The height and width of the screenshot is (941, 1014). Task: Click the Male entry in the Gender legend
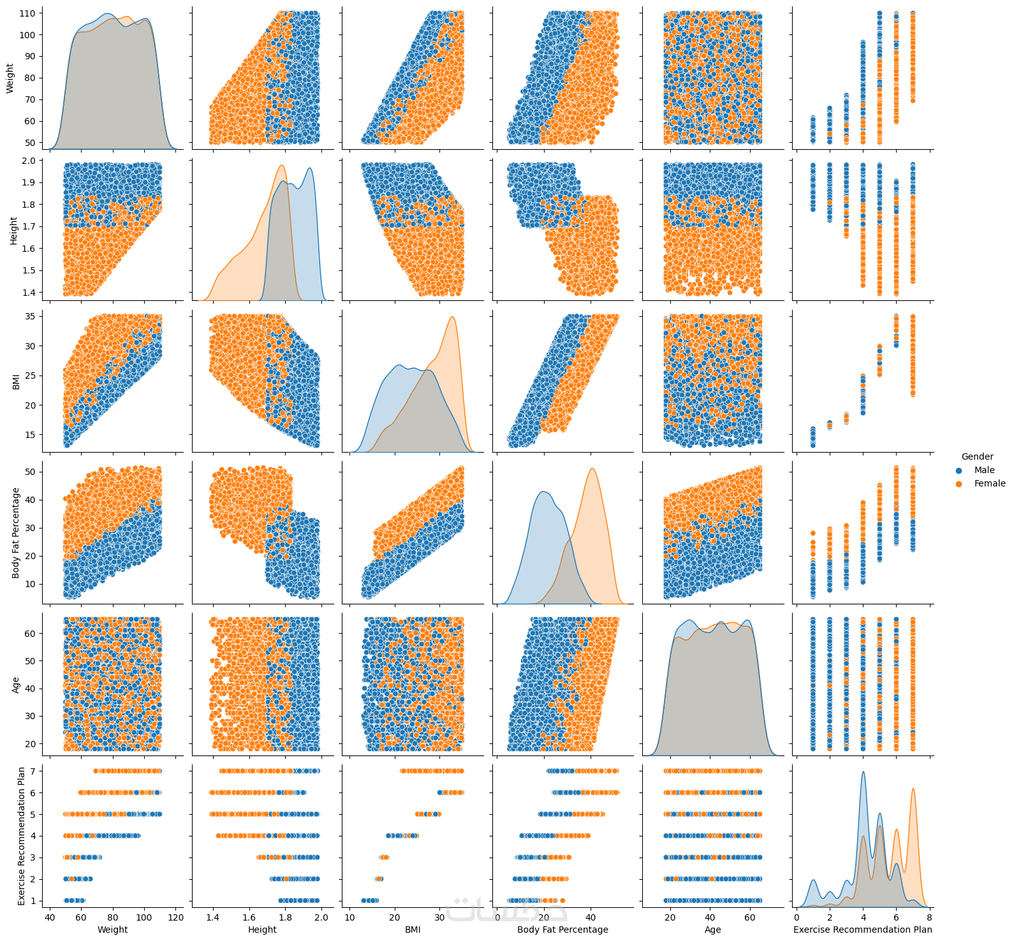(x=983, y=470)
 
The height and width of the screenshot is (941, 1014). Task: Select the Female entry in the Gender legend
(x=989, y=483)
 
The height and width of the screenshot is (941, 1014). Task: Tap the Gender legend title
(x=977, y=456)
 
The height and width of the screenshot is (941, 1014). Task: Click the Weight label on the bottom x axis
(x=112, y=930)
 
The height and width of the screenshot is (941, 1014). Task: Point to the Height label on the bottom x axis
(x=262, y=930)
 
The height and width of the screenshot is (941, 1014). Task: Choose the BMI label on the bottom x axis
(x=413, y=930)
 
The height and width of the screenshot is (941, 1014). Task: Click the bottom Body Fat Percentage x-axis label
(x=562, y=930)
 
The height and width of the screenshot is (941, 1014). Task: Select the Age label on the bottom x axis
(x=712, y=930)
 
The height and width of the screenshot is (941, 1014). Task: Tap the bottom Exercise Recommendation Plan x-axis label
(x=862, y=930)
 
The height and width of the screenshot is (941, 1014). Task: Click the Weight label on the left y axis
(x=10, y=78)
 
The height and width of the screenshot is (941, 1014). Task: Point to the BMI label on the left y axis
(x=16, y=382)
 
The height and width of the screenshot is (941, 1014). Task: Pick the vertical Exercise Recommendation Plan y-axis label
(x=21, y=835)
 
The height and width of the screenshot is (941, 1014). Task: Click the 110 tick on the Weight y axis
(x=30, y=13)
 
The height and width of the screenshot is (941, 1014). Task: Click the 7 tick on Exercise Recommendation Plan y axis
(x=36, y=771)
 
